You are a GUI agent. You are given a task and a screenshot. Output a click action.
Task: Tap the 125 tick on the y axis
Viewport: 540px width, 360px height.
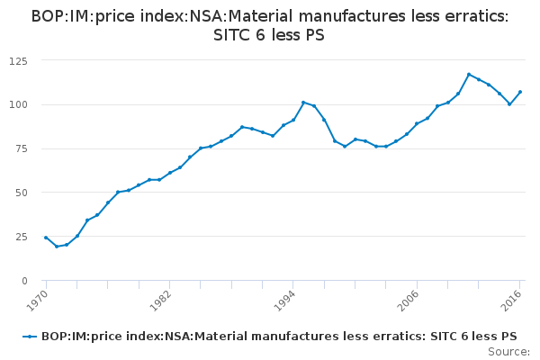point(17,61)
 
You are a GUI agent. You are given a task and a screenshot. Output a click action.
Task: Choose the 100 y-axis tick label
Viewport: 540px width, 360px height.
point(17,105)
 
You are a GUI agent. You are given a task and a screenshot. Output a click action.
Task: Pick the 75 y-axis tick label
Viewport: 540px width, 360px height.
point(20,149)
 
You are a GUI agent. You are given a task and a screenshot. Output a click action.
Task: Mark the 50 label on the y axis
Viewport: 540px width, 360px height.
point(20,193)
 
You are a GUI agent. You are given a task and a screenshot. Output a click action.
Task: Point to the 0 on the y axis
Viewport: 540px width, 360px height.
point(24,281)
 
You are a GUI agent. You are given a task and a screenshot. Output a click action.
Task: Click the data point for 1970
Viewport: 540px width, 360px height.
point(46,238)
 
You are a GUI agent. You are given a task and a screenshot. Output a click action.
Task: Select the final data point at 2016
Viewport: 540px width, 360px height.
point(520,92)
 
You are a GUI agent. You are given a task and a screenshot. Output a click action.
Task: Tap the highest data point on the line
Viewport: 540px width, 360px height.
point(469,75)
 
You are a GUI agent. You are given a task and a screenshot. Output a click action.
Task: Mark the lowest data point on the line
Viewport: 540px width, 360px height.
point(56,247)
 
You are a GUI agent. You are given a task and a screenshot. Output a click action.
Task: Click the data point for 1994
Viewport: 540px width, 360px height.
point(293,120)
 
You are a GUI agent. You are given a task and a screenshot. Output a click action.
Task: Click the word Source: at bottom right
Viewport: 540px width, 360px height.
point(508,351)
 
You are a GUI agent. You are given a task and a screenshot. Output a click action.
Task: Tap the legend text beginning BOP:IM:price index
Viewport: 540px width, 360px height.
point(279,336)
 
